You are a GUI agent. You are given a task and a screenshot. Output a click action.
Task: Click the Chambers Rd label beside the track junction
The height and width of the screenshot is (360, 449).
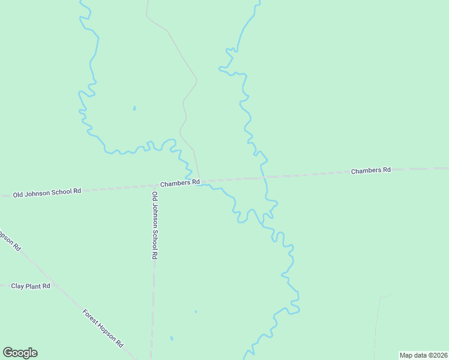tap(179, 182)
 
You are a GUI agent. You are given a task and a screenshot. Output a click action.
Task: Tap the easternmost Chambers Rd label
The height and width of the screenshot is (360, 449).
tap(370, 170)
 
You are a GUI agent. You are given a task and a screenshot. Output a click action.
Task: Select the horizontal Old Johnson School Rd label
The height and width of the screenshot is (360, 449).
tap(47, 192)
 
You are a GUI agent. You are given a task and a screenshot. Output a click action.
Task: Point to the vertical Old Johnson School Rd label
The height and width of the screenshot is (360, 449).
tap(155, 225)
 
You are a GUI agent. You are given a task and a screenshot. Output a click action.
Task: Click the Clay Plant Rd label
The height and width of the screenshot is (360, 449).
tap(31, 286)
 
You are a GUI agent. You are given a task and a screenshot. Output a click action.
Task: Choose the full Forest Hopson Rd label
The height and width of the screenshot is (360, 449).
tap(103, 328)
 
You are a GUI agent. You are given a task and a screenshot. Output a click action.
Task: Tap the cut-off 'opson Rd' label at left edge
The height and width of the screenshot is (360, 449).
tap(10, 241)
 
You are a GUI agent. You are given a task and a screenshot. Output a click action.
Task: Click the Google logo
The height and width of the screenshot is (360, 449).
tap(20, 353)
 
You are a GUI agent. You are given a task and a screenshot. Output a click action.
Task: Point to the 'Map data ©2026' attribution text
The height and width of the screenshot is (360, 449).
tap(423, 355)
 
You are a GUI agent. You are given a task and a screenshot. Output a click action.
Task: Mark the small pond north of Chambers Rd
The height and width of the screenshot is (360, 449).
tap(134, 109)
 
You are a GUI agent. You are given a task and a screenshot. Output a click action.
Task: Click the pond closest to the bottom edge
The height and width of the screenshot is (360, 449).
tap(172, 338)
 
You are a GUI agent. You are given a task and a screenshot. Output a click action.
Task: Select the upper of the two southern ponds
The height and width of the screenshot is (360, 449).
tap(196, 311)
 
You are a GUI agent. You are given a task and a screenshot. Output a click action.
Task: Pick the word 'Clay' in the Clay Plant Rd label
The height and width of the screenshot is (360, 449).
tap(17, 286)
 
